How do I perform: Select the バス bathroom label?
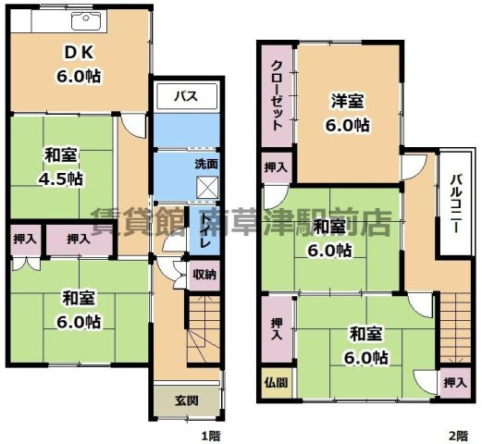[186, 94]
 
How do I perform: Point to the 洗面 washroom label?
[206, 164]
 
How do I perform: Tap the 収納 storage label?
[205, 274]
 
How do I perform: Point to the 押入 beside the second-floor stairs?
[452, 382]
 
